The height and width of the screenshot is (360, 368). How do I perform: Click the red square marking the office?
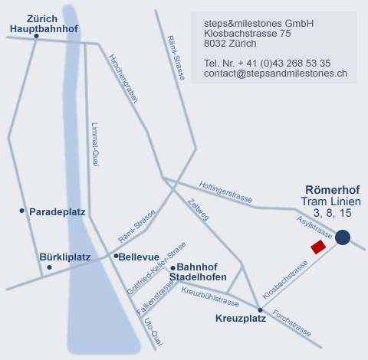pos(318,247)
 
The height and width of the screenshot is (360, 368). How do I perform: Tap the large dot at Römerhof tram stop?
pos(343,237)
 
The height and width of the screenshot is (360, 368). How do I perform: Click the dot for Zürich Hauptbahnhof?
pos(36,36)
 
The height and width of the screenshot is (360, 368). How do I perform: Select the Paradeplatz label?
pos(58,212)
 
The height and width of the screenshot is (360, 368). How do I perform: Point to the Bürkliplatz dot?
pos(49,267)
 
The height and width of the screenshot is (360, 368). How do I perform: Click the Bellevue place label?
pos(139,257)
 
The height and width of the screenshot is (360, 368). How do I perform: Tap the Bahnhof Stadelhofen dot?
pos(172,268)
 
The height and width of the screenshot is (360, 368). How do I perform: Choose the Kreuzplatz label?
pos(241,319)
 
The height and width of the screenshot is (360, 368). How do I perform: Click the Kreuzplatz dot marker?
pos(260,310)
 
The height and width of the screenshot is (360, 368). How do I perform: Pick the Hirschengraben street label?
pos(123,79)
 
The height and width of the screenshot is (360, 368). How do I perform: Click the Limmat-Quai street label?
pos(95,145)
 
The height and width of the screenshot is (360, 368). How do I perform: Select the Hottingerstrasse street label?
pos(225,191)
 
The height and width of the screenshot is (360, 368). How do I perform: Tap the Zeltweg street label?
pos(199,210)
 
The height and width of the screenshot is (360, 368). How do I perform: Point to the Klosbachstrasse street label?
pos(285,280)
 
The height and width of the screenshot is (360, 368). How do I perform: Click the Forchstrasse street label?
pos(291,323)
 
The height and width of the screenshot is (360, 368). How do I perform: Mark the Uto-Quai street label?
pos(153,332)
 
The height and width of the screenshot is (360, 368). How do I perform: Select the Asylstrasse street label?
pos(314,227)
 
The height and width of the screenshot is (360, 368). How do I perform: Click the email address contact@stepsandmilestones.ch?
pos(275,74)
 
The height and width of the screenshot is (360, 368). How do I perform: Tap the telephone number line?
pos(267,64)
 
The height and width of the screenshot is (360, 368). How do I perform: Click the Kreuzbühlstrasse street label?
pos(210,297)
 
